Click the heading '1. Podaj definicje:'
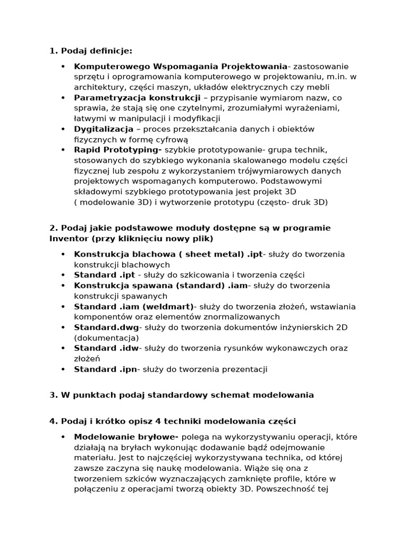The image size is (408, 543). [x=90, y=51]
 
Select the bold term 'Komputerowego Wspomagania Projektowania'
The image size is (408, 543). [x=180, y=66]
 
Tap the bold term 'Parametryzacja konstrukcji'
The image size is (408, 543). [x=137, y=98]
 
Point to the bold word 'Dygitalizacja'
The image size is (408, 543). [x=104, y=129]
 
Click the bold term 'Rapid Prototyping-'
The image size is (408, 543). [x=118, y=150]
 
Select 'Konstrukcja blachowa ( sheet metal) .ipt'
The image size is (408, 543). [x=168, y=254]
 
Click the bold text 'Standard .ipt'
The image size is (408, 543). [x=105, y=275]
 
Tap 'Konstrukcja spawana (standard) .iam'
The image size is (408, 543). [x=160, y=285]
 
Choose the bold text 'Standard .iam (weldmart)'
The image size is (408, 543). [x=135, y=306]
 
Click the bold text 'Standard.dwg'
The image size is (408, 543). [x=106, y=327]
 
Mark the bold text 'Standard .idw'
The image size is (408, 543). [x=106, y=348]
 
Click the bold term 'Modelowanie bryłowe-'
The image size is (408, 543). [x=126, y=437]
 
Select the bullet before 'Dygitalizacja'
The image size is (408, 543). [x=63, y=129]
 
